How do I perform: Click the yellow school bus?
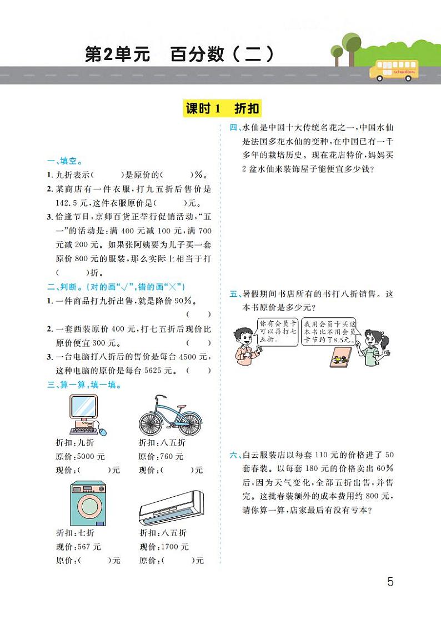point(394,71)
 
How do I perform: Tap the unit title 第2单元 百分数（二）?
point(179,55)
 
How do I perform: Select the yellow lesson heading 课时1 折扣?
point(222,109)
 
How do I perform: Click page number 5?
point(390,582)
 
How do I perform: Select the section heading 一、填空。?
point(66,162)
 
